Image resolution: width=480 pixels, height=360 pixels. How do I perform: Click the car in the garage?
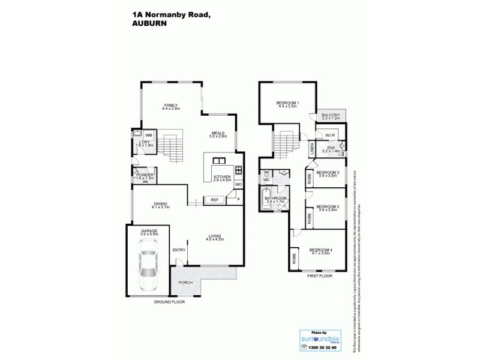point(147,269)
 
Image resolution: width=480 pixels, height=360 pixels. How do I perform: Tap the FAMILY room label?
point(171,105)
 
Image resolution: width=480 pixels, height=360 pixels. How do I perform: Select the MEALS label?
point(217,134)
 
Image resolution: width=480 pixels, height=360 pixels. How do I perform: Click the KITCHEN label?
point(221,176)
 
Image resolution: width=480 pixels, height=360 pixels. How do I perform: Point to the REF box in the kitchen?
point(214,199)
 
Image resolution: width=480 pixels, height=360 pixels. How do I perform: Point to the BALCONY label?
point(331,115)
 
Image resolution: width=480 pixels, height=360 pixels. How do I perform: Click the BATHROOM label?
point(276,198)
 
